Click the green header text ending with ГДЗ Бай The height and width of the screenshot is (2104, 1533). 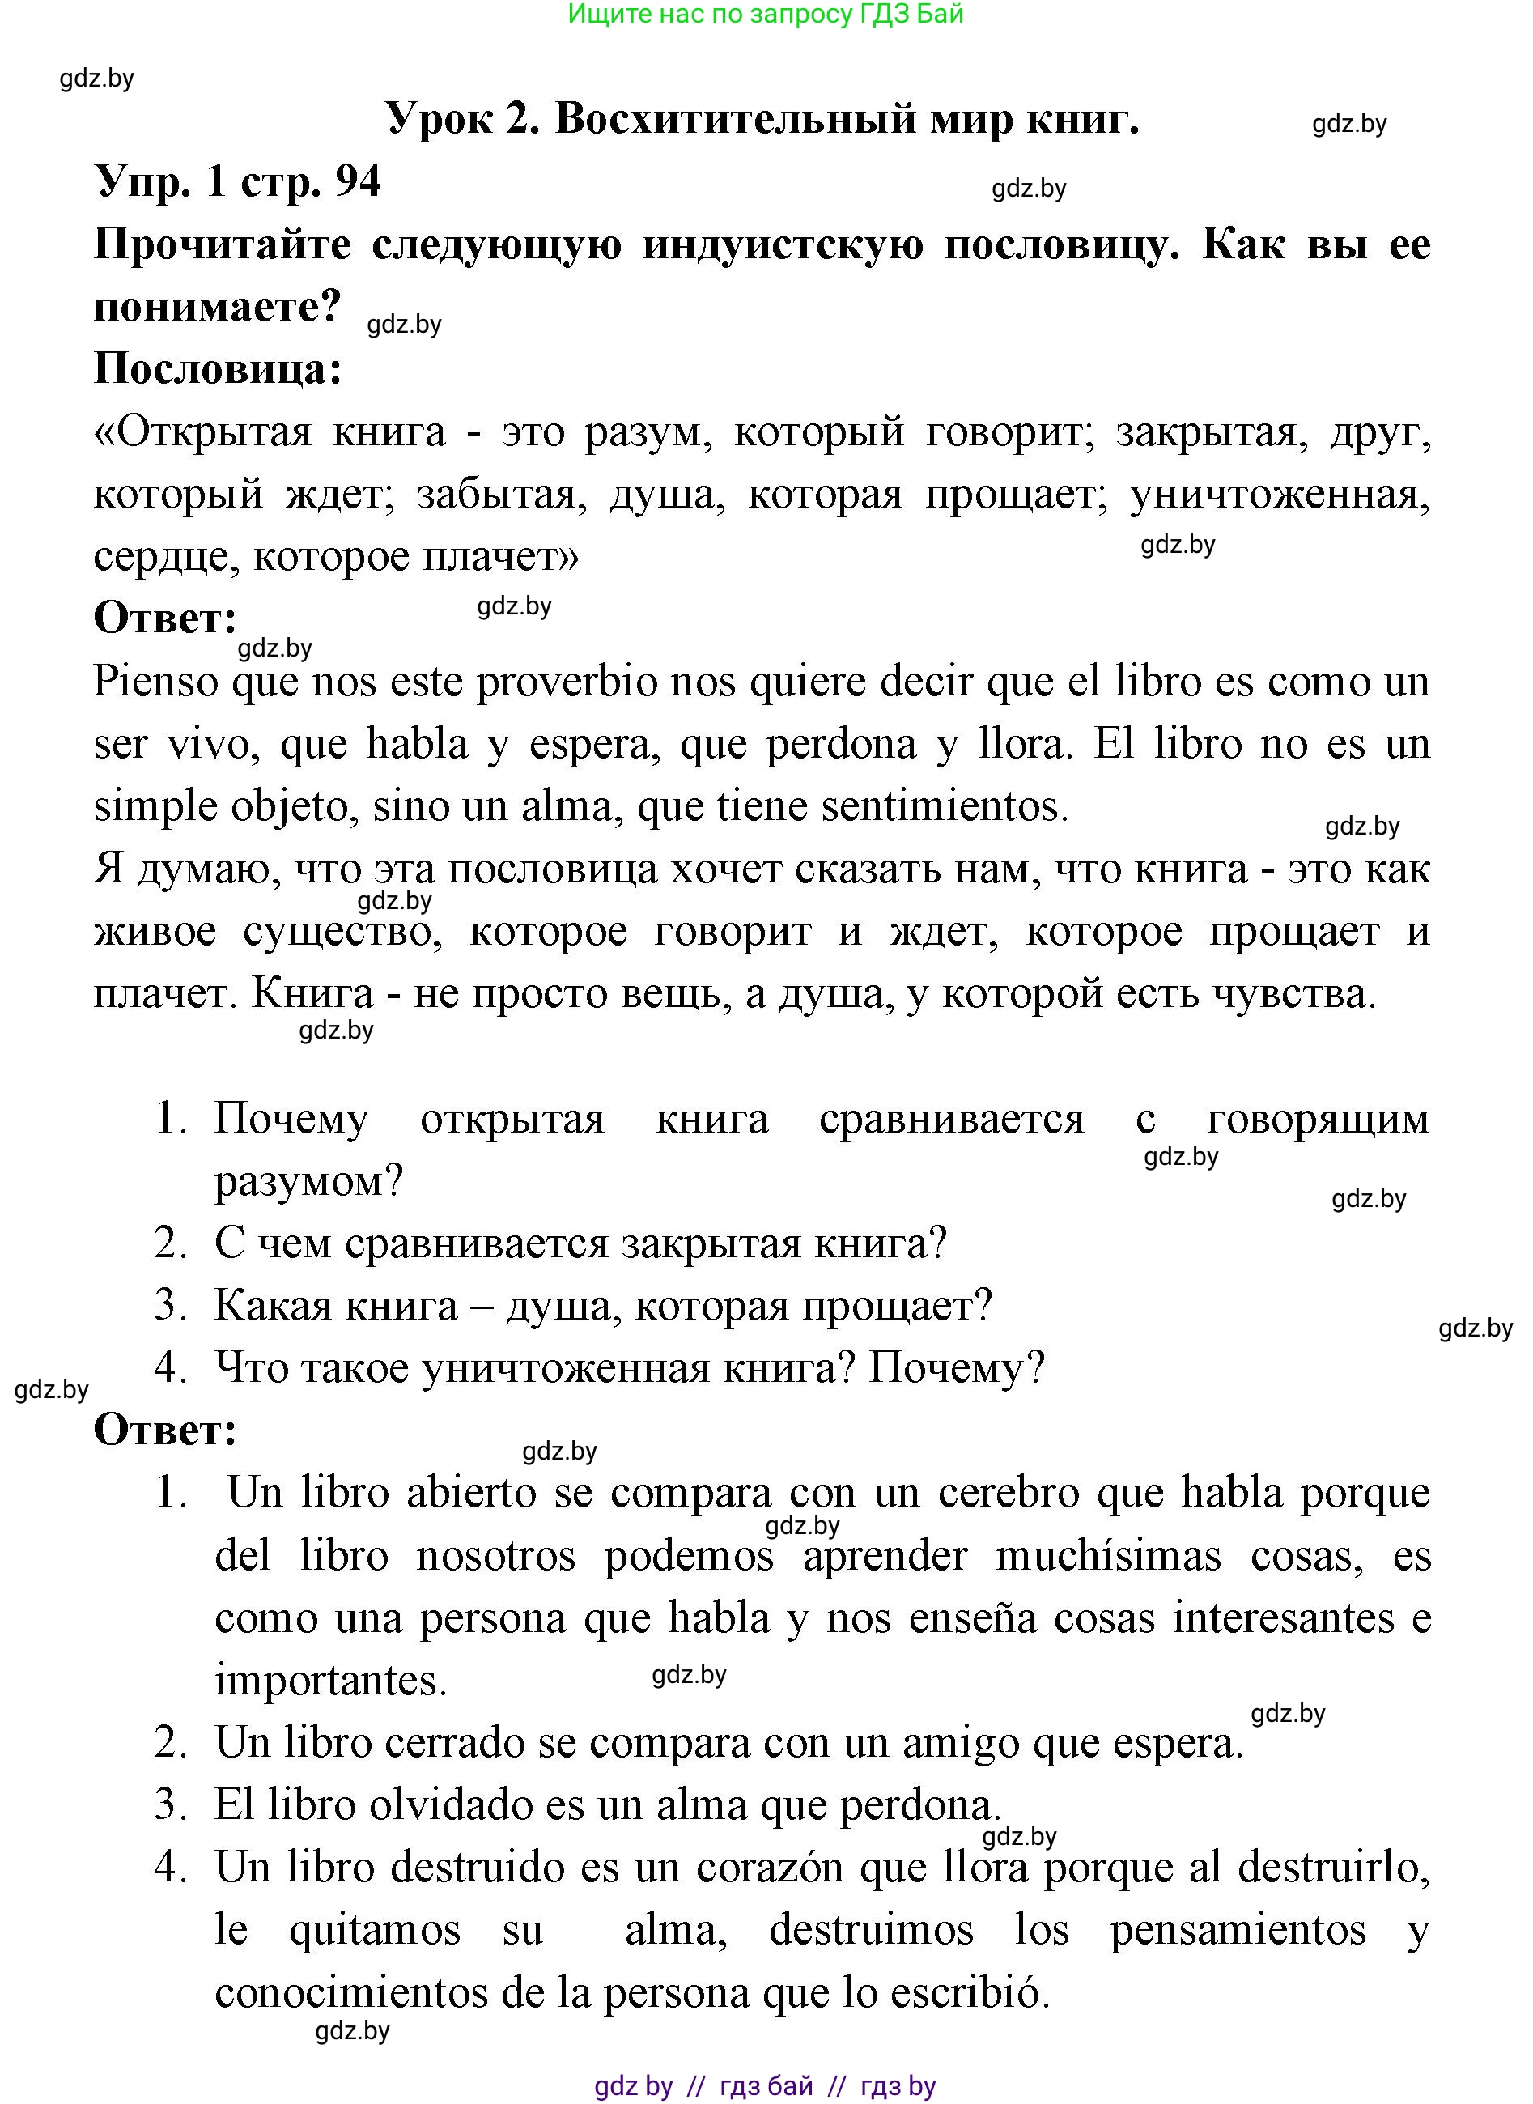[x=766, y=14]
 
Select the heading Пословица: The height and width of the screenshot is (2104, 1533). [x=218, y=369]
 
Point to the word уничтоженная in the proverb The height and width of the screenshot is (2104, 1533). [x=1280, y=495]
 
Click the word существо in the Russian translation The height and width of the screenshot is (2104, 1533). [x=338, y=931]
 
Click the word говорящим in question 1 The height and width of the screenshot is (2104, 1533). [x=1318, y=1118]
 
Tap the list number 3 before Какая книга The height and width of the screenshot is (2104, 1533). [x=170, y=1305]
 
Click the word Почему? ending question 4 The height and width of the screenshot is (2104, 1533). [x=956, y=1367]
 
